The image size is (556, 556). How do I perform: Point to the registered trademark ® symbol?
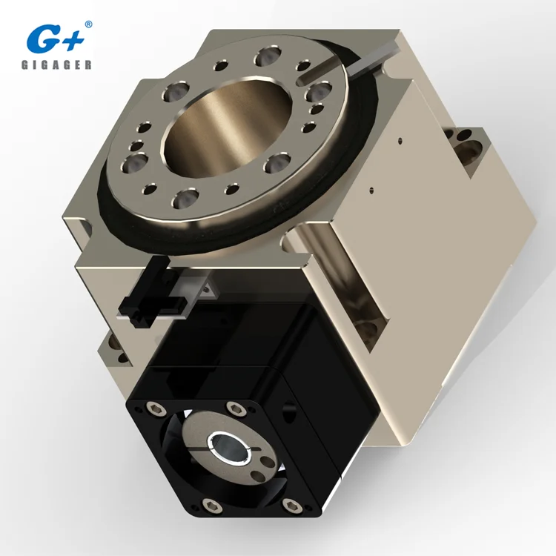tap(89, 24)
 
